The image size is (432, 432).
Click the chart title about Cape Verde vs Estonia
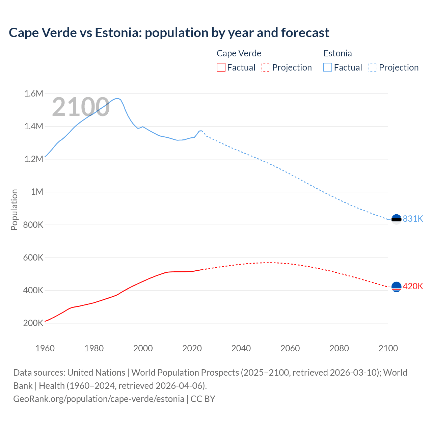[x=169, y=33]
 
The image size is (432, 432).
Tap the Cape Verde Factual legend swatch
[x=221, y=67]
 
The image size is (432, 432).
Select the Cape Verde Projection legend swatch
[x=266, y=67]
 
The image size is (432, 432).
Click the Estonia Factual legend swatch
[x=327, y=67]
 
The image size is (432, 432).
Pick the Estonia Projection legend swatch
[x=373, y=67]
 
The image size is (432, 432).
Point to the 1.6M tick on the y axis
[x=34, y=93]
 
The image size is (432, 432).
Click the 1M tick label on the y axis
[x=37, y=192]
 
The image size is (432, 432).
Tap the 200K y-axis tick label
[x=33, y=323]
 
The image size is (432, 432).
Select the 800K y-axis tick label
[x=33, y=224]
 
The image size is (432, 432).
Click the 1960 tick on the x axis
[x=45, y=348]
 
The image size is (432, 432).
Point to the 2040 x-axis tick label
[x=241, y=348]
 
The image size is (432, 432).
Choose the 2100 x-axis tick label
[x=388, y=348]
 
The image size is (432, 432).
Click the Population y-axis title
[x=14, y=210]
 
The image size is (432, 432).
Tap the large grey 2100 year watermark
[x=81, y=107]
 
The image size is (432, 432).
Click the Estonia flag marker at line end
[x=396, y=219]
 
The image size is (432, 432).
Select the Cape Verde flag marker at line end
[x=396, y=287]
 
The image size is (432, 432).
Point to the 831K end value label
[x=413, y=219]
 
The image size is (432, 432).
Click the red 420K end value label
[x=413, y=286]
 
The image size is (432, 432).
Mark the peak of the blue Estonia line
[x=117, y=98]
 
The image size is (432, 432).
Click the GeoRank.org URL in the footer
[x=99, y=399]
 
